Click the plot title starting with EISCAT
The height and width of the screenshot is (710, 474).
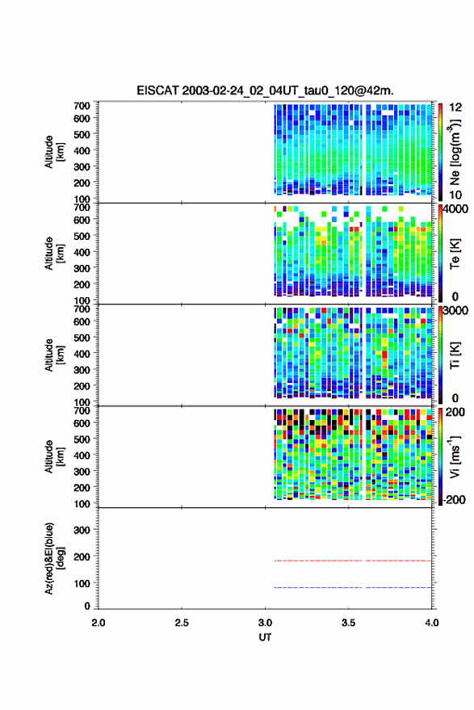tap(265, 90)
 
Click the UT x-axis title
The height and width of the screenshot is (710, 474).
tap(265, 637)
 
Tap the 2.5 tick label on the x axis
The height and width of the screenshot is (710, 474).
tap(182, 623)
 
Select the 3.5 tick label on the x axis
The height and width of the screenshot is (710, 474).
tap(348, 623)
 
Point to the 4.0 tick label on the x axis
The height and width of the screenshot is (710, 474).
tap(431, 623)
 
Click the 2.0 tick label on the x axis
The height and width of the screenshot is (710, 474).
tap(99, 623)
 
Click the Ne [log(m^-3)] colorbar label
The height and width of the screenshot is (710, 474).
tap(455, 152)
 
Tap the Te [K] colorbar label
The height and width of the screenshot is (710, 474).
tap(455, 254)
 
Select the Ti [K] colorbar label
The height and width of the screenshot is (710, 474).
tap(455, 356)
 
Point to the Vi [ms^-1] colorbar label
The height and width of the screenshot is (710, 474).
tap(455, 456)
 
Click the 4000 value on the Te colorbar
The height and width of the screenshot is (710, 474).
tap(455, 209)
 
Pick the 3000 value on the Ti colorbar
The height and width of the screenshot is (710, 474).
tap(455, 311)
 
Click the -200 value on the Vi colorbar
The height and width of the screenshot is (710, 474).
tap(454, 499)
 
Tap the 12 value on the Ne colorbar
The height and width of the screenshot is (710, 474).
tap(455, 107)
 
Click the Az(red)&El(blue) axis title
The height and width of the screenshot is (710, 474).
tap(55, 558)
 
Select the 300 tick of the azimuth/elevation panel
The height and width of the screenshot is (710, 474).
tap(82, 530)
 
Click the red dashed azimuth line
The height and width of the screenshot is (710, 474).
tap(353, 561)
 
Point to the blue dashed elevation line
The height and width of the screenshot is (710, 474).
tap(353, 588)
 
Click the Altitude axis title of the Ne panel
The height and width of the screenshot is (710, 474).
tap(55, 152)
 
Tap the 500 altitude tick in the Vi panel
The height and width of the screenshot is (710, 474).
tap(82, 439)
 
